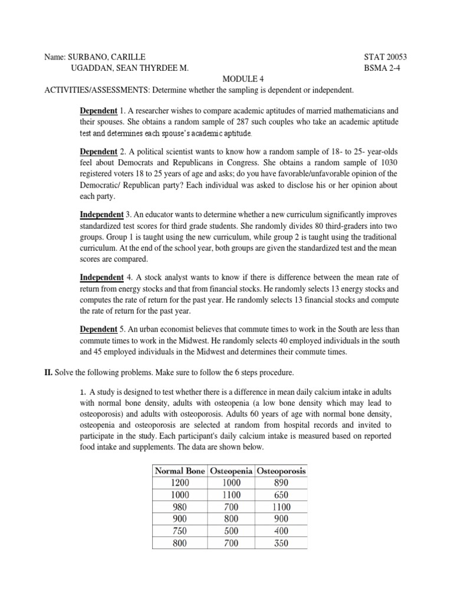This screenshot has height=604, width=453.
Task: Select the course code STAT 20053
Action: point(386,57)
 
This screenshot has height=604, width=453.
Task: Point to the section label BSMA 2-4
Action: point(386,68)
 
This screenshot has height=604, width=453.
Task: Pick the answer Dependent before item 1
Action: point(99,111)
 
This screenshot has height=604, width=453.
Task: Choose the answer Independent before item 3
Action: point(101,214)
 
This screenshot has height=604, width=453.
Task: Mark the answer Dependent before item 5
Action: point(99,329)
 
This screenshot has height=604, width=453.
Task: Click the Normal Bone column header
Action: point(179,471)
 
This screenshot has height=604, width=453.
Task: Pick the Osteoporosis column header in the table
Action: point(281,471)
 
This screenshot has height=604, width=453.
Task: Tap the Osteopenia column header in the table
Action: point(231,471)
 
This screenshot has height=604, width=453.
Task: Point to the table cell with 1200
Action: point(179,482)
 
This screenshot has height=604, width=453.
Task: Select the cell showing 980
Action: point(179,507)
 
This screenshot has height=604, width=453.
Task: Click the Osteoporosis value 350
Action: point(281,543)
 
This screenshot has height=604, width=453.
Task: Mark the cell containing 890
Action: point(281,482)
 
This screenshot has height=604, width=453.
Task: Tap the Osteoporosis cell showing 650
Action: point(281,494)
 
